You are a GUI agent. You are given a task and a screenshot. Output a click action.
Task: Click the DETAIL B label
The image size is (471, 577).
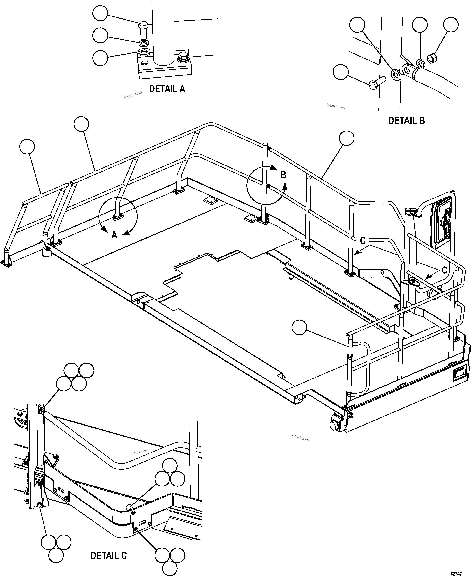(x=406, y=120)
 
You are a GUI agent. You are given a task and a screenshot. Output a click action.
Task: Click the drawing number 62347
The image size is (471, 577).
(x=456, y=572)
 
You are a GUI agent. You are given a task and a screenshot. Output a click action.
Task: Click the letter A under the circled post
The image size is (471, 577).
(x=114, y=235)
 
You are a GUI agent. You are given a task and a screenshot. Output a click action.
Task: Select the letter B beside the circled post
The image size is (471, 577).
(x=283, y=175)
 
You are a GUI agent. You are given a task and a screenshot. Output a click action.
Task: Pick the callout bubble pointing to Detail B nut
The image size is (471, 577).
(x=451, y=25)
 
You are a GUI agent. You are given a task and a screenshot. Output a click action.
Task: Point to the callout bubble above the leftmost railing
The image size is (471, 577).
(x=27, y=147)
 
